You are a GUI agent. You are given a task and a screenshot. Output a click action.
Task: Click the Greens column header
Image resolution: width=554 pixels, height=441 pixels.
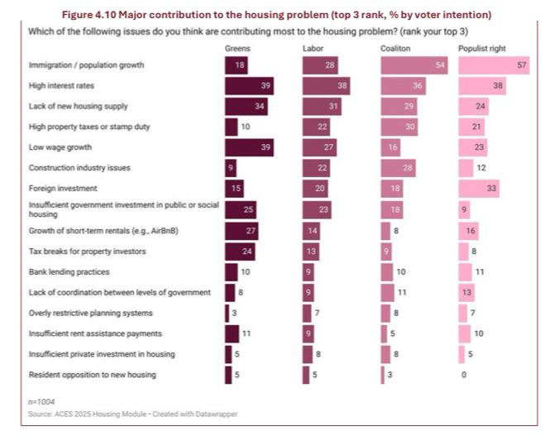[238, 49]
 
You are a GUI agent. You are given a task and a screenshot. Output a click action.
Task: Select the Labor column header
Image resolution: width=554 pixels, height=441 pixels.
[313, 49]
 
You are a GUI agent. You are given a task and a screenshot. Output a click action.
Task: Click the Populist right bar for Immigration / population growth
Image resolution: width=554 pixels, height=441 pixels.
[494, 65]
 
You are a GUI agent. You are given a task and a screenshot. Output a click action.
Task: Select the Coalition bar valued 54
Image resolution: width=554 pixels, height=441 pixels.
[413, 65]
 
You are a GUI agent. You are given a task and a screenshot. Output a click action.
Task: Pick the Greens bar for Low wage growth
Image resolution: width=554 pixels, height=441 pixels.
[249, 146]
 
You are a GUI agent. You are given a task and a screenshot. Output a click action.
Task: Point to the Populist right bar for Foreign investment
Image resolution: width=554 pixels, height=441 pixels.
[479, 189]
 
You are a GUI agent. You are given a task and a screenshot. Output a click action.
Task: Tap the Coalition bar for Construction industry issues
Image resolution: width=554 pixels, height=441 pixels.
[398, 168]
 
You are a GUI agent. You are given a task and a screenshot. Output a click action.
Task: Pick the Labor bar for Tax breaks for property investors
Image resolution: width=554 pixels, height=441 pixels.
[311, 251]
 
